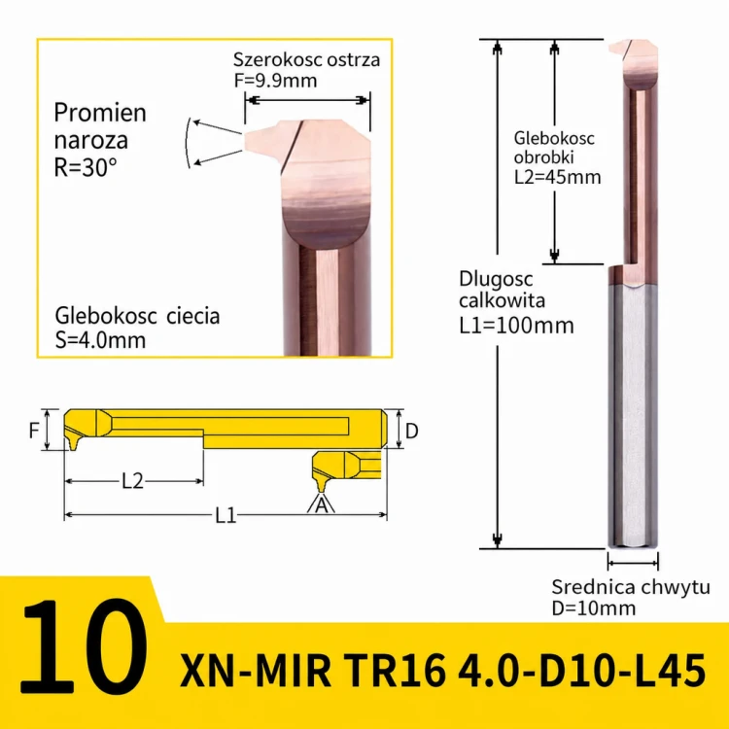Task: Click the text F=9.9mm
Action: pos(275,81)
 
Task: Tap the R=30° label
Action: pos(86,167)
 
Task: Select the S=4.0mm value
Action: pos(100,340)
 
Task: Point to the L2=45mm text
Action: pos(558,177)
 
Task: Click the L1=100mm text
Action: pos(516,325)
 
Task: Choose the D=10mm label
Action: pos(593,608)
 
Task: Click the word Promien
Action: pos(100,113)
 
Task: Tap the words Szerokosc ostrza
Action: pos(306,59)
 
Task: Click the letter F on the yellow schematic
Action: pos(34,430)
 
